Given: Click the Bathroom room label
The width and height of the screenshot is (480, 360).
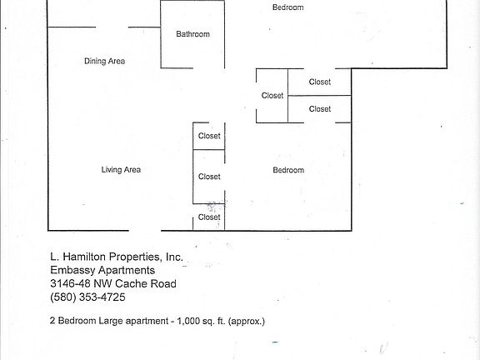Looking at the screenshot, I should coord(192,34).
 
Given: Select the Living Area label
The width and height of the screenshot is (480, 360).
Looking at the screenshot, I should coord(121,170).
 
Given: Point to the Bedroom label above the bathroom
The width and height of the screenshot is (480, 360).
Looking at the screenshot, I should coord(288,7).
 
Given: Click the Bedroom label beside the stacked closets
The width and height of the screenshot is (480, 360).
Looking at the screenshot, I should coord(288,170).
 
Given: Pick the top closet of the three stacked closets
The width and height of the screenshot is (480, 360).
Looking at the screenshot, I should coord(209,136).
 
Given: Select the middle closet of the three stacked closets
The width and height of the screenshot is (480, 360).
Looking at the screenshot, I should coord(209,177).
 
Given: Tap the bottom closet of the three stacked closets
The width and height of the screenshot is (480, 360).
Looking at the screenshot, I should coord(209,217).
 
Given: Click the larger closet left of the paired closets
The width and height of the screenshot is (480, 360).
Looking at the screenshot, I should coord(272,96).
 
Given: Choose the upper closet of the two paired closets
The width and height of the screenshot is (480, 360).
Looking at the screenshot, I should coord(320,82).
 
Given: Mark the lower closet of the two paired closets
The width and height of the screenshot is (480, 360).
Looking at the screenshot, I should coord(320,109).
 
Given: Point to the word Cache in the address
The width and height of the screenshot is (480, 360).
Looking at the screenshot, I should coord(137,283).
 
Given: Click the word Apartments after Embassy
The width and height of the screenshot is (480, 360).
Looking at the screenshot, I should coord(127,271).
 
